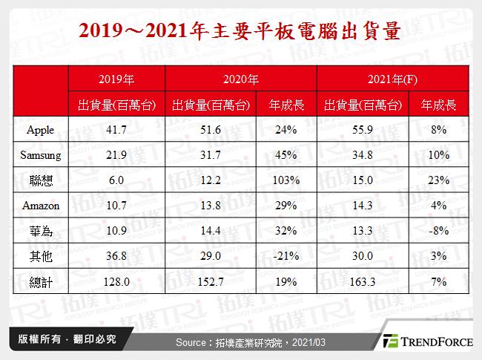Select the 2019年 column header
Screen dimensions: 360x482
tap(116, 79)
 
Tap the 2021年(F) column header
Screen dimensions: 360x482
tap(392, 79)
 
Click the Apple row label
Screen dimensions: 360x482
tap(40, 131)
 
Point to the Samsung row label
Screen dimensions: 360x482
tap(40, 156)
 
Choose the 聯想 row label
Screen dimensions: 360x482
tap(40, 180)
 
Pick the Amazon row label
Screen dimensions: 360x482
tap(40, 206)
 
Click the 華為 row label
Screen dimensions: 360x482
tap(40, 231)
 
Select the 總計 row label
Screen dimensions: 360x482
tap(40, 281)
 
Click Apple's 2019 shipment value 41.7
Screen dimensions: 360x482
tap(116, 131)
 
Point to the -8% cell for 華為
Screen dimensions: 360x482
tap(440, 231)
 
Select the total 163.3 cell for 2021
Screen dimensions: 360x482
tap(363, 281)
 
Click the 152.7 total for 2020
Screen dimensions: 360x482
tap(211, 281)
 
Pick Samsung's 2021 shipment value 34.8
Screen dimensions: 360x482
tap(363, 156)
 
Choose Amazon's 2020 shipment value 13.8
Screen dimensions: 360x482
tap(211, 206)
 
